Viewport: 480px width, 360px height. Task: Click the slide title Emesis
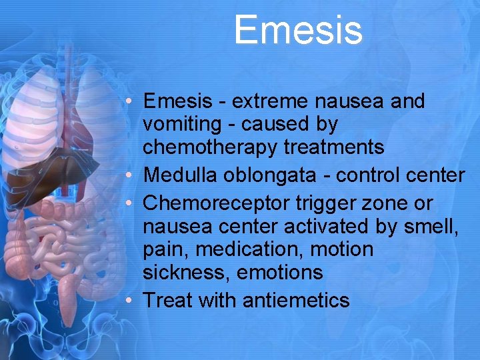(x=298, y=31)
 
